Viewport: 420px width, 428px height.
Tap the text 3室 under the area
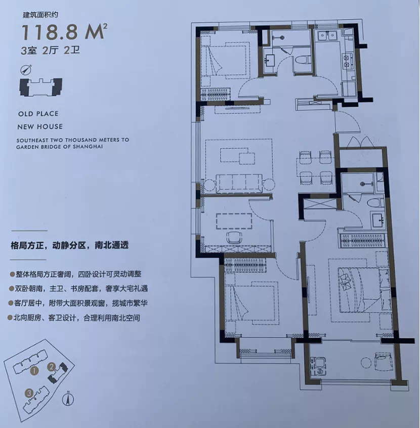point(28,51)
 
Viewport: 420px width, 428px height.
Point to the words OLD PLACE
point(38,113)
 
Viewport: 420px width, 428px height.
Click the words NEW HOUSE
point(40,126)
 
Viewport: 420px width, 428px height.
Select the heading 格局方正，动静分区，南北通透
point(70,245)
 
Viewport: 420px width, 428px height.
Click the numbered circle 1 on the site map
point(34,371)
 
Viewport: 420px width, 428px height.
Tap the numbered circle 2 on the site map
point(51,367)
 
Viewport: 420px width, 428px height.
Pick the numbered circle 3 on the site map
point(29,393)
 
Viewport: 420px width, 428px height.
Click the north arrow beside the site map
point(68,399)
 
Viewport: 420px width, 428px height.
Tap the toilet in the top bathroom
point(302,60)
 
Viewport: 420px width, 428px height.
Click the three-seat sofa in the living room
point(239,183)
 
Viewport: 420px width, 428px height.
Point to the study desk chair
point(234,237)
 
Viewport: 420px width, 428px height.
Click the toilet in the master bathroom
point(374,203)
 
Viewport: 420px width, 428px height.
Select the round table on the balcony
point(366,363)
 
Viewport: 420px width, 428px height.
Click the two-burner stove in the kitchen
point(347,61)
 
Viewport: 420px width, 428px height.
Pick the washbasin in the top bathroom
point(270,60)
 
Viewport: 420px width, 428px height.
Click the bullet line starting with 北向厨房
point(74,318)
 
